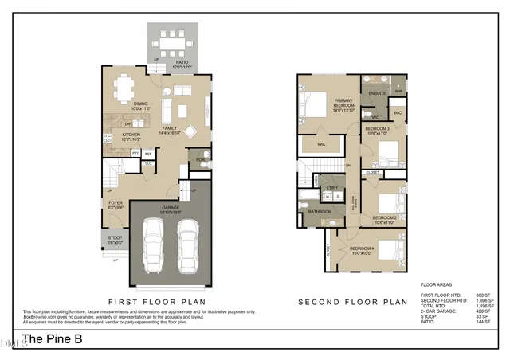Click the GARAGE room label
coord(171,209)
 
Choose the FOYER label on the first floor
coord(116,204)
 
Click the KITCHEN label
coord(131,135)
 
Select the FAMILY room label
coord(170,128)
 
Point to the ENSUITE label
coord(377,93)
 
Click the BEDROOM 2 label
coord(385,217)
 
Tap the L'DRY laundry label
coord(332,187)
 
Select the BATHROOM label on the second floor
coord(320,211)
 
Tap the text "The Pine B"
coord(53,339)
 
